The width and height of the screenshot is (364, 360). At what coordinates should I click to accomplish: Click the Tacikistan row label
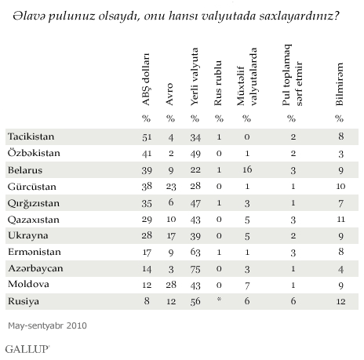[31, 136]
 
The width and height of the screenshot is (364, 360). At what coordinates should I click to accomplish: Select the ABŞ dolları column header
[146, 79]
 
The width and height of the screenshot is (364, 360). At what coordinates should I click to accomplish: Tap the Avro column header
[170, 94]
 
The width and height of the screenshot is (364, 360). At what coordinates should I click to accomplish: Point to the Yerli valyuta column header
[195, 77]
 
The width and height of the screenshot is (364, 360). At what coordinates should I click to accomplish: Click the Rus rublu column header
[218, 83]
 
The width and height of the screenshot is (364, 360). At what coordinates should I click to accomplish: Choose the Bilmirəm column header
[339, 84]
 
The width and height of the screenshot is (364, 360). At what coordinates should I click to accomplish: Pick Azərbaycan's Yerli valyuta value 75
[195, 269]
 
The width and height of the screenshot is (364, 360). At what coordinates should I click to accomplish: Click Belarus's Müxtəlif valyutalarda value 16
[247, 169]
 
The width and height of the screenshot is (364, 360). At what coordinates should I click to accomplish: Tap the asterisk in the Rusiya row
[219, 299]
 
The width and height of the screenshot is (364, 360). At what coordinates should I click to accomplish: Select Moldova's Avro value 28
[171, 285]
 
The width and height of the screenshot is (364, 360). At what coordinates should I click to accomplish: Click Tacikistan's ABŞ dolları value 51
[147, 137]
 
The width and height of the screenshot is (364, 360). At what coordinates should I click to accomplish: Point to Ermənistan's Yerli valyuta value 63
[195, 253]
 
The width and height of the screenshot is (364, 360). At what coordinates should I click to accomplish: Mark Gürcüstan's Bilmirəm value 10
[340, 186]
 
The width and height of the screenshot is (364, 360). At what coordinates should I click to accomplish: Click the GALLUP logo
[27, 349]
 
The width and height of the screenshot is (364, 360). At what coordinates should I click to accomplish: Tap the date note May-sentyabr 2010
[47, 325]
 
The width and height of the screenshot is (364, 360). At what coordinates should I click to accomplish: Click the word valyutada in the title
[228, 16]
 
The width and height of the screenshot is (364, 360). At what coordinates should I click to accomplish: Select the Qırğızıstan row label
[34, 204]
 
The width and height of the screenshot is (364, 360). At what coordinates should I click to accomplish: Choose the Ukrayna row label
[28, 236]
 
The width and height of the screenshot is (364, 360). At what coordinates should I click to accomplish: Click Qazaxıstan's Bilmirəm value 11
[340, 219]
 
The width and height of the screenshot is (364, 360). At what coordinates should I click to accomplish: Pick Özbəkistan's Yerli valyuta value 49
[195, 154]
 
